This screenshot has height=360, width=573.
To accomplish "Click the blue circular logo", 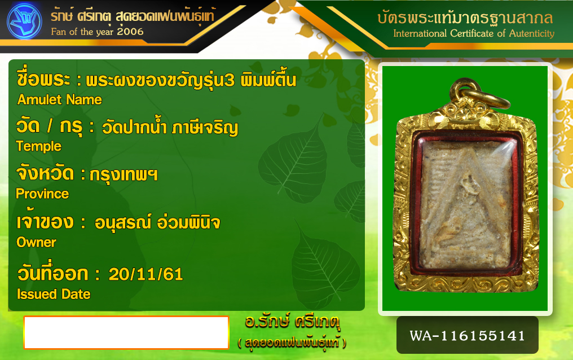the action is click(24, 21).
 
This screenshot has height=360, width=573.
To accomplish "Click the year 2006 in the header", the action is click(130, 32).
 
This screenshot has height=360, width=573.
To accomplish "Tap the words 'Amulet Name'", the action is click(60, 100).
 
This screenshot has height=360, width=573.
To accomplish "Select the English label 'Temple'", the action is click(39, 147).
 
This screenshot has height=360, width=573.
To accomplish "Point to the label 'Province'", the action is click(42, 194).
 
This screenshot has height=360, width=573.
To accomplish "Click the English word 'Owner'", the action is click(36, 242).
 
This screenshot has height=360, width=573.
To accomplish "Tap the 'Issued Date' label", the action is click(54, 294).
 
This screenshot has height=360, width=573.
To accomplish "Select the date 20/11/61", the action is click(146, 274).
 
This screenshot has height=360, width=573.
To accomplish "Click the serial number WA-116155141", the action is click(468, 336).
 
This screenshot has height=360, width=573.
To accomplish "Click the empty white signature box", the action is click(126, 332).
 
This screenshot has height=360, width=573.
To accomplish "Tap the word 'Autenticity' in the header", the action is click(532, 33).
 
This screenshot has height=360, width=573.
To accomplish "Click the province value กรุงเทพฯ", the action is click(124, 175).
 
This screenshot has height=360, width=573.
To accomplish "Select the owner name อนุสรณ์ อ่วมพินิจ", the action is click(157, 222).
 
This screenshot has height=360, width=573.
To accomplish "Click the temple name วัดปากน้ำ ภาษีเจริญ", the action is click(170, 128).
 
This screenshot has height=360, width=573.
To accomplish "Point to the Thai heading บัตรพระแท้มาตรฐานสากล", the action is click(465, 17).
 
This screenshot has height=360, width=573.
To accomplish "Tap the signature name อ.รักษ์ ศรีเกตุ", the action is click(292, 322).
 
